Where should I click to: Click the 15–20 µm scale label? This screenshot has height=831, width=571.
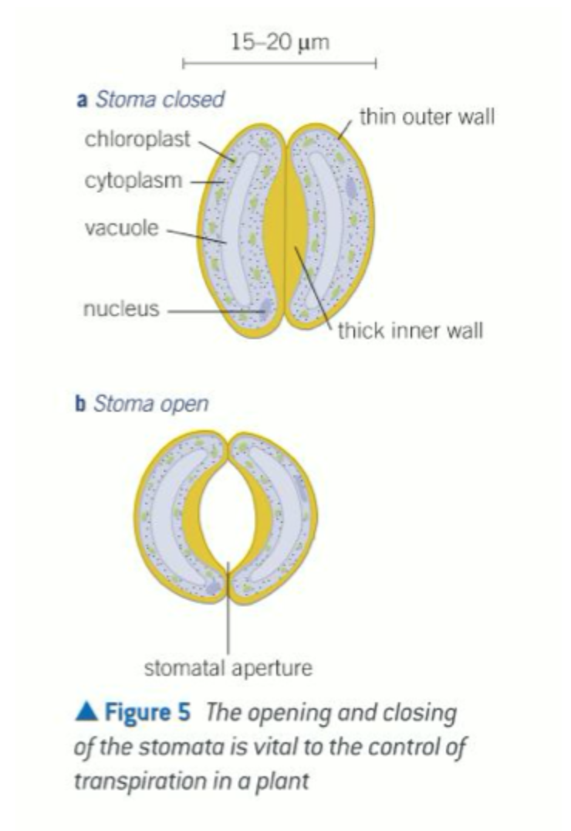coord(279,42)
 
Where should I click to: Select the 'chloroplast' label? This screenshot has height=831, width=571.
coord(138,141)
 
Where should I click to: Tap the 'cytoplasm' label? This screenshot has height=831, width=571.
coord(133,182)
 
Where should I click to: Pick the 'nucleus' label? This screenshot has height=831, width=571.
coord(120,310)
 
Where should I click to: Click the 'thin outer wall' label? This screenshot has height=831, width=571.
coord(427,117)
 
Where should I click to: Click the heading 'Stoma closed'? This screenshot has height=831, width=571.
coord(159,99)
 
